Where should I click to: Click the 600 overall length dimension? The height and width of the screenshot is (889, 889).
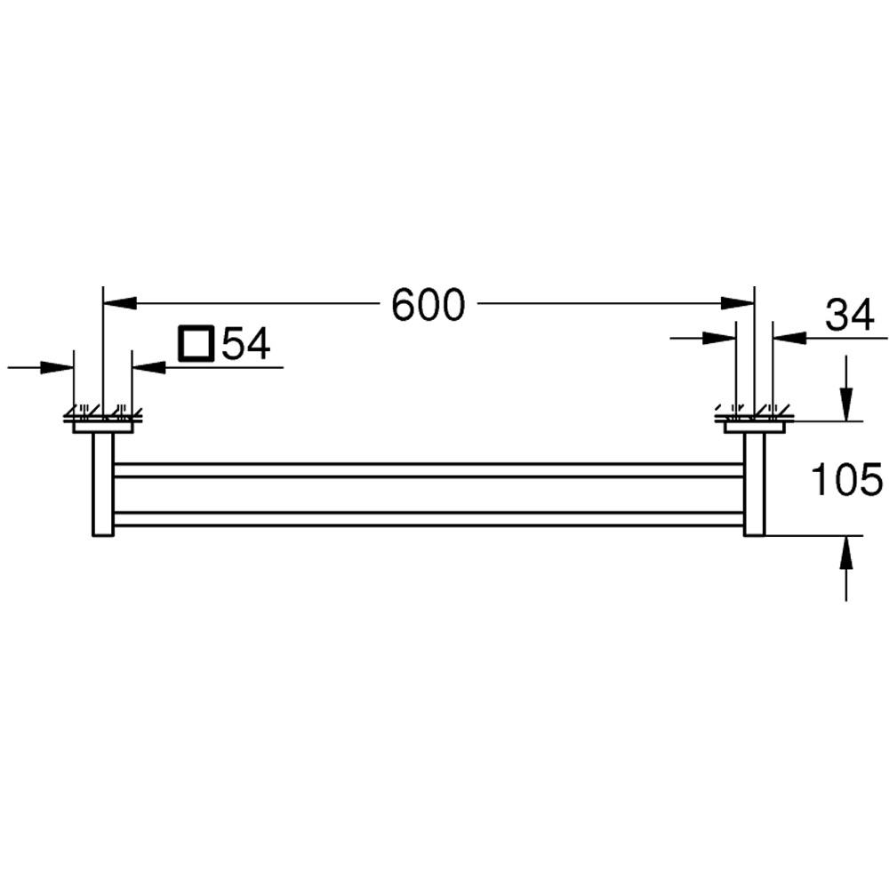(x=428, y=306)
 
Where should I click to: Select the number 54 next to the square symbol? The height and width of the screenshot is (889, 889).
(x=245, y=344)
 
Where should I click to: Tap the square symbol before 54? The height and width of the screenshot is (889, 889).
(x=196, y=344)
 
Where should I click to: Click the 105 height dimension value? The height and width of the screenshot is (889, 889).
(x=846, y=480)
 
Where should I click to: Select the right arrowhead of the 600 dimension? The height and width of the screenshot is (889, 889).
(x=738, y=303)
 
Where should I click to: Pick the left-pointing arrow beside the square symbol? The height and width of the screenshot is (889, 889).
(x=148, y=367)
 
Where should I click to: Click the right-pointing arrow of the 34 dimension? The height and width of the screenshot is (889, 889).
(x=719, y=338)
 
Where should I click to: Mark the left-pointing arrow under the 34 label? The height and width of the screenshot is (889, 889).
(x=789, y=338)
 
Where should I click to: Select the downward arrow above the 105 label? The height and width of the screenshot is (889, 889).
(x=846, y=404)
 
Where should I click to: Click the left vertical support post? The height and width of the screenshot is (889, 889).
(x=103, y=485)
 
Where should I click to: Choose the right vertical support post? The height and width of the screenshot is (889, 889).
(x=754, y=485)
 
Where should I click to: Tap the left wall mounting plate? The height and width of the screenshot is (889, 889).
(x=103, y=427)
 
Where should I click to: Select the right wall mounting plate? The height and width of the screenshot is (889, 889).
(x=754, y=427)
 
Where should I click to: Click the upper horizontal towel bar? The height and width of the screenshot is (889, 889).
(x=427, y=470)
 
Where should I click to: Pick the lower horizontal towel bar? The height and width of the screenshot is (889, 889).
(x=427, y=519)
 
